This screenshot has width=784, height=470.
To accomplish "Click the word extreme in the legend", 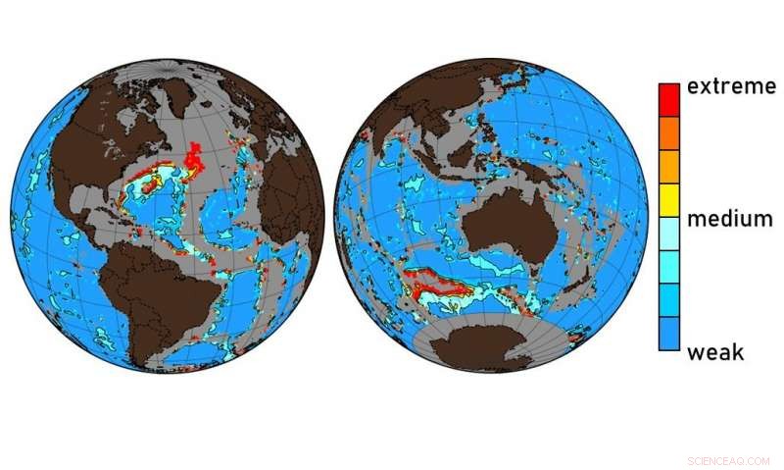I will (x=731, y=87).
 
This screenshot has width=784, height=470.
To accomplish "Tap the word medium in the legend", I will (x=729, y=219).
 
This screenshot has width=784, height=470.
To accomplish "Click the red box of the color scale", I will (x=668, y=99).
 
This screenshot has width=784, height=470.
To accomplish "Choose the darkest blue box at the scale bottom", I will (x=668, y=333).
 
